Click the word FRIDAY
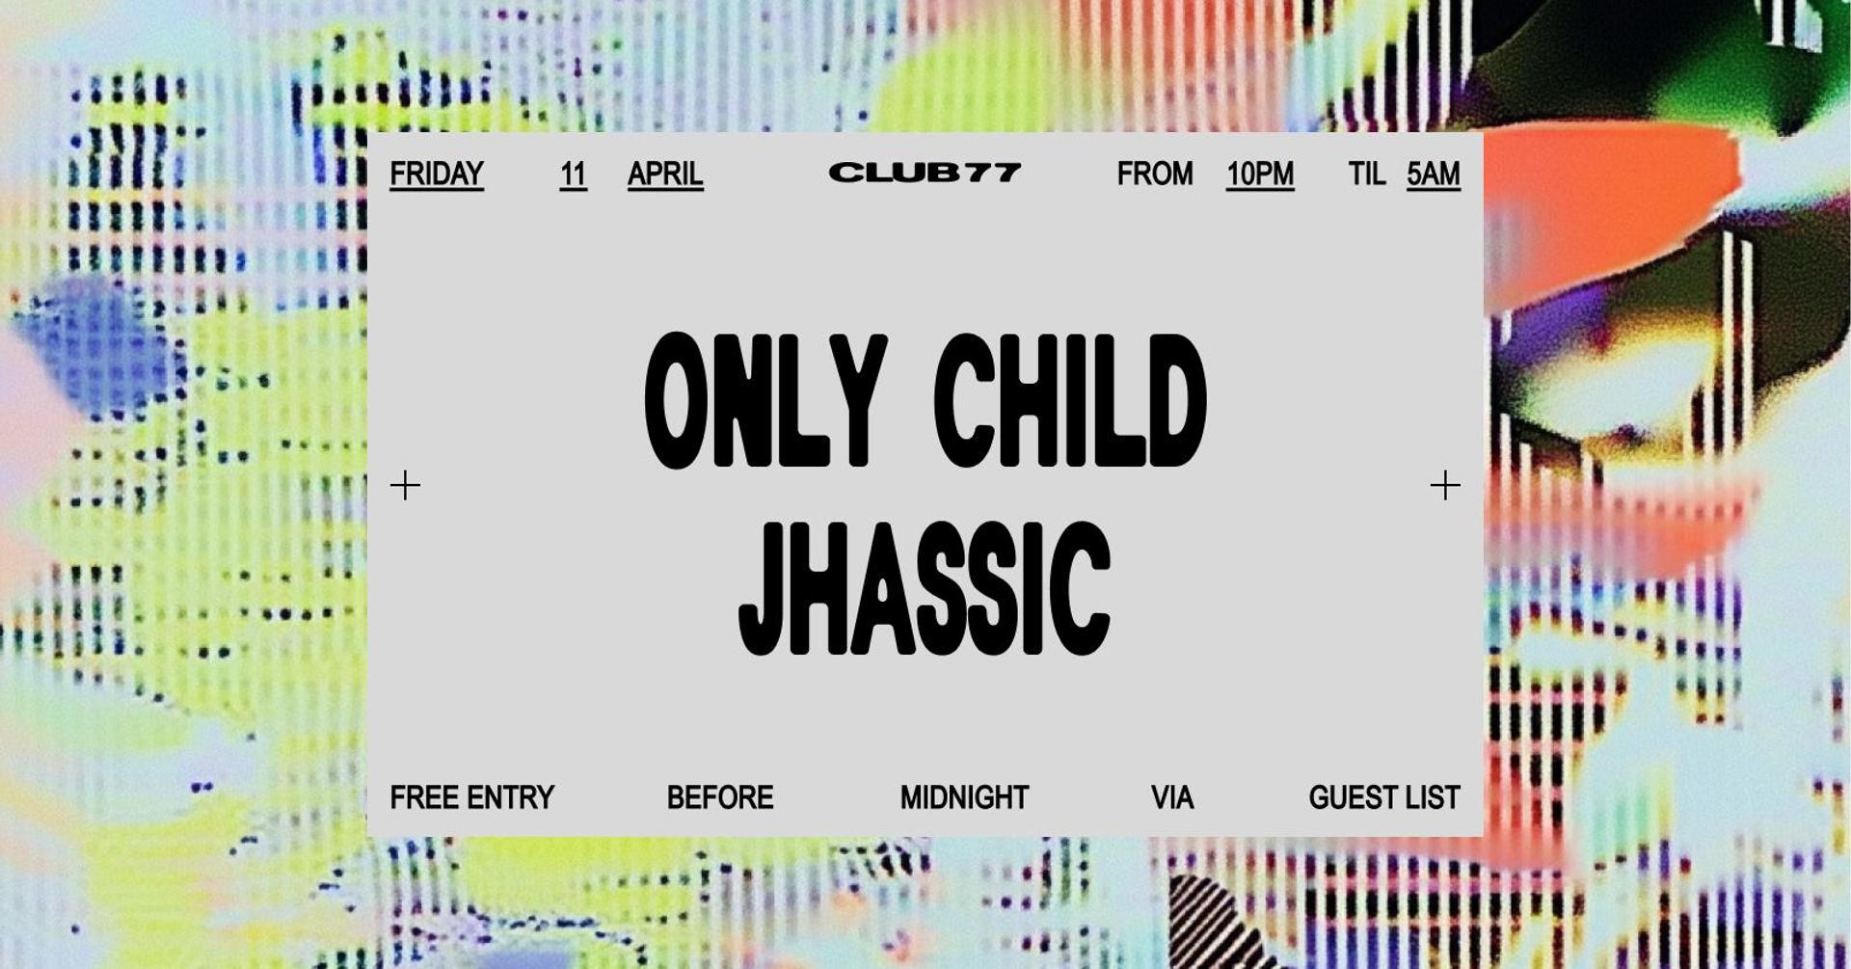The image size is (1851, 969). point(437,175)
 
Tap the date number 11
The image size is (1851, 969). point(573,175)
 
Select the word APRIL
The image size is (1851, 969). point(665,175)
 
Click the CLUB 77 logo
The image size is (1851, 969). point(925,173)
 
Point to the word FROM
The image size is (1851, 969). point(1155,174)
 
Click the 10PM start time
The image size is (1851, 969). point(1260,175)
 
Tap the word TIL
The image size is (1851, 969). point(1366,174)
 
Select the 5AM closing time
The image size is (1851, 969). point(1434,175)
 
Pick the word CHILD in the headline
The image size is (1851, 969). point(1070,401)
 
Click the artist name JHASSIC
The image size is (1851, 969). point(925,588)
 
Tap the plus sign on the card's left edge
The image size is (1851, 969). point(405,485)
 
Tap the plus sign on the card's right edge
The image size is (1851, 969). point(1445,485)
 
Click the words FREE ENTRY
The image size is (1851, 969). point(472,798)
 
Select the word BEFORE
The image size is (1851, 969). point(720,798)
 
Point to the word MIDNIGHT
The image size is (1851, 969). point(964,798)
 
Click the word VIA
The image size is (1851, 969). point(1172,798)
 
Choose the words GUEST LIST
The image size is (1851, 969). point(1384,798)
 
